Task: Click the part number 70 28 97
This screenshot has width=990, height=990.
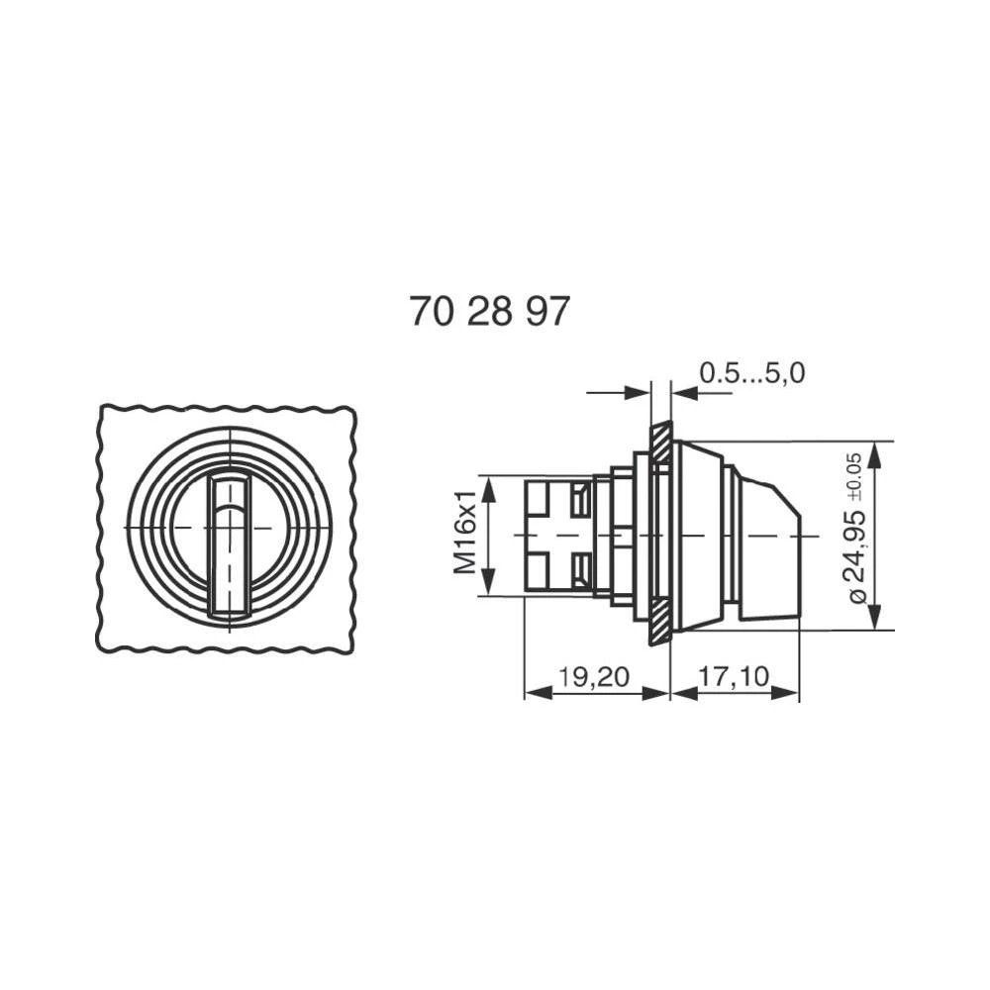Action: pos(489,312)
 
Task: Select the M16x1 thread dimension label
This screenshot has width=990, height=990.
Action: pos(466,536)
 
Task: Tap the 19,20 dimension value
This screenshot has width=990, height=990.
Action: pos(593,677)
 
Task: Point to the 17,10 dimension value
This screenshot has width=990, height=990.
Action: pos(734,677)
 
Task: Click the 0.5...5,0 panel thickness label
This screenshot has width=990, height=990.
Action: pos(752,372)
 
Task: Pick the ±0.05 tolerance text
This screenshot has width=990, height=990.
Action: pos(854,474)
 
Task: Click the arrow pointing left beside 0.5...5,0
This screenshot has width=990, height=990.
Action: pos(684,393)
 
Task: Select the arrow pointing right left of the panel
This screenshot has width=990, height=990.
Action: pos(639,393)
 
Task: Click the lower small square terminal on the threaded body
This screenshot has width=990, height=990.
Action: pos(543,571)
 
